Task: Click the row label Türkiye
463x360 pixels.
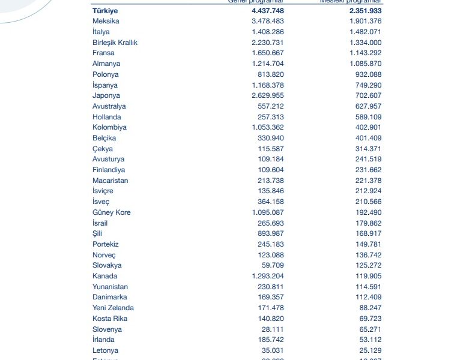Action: pos(105,11)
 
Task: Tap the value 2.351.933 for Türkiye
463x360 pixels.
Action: pos(362,11)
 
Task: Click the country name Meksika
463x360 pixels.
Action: pos(106,22)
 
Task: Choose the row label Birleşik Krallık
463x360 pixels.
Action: pos(115,43)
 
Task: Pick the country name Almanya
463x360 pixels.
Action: pos(106,64)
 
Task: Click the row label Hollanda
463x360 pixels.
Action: pos(107,117)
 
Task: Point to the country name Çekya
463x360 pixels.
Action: pos(103,149)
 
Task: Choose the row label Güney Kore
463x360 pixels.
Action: pos(112,212)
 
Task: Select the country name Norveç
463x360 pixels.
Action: pos(104,255)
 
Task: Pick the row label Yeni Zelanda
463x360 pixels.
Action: pos(113,308)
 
